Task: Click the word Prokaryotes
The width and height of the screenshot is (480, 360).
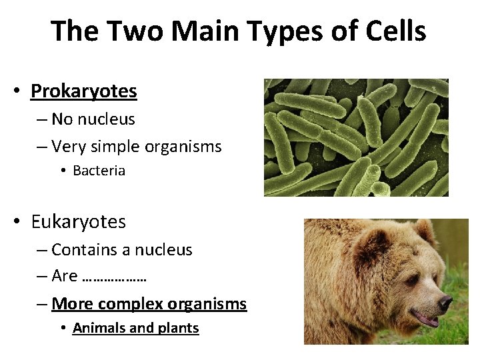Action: click(84, 91)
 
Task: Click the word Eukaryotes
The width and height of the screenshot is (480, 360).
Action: click(79, 221)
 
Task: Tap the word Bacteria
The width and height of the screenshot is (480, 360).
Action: click(99, 171)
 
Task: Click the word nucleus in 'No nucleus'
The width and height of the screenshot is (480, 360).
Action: click(106, 119)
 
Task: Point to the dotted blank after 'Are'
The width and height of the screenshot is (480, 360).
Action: click(113, 277)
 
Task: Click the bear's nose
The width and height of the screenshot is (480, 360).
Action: click(444, 303)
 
